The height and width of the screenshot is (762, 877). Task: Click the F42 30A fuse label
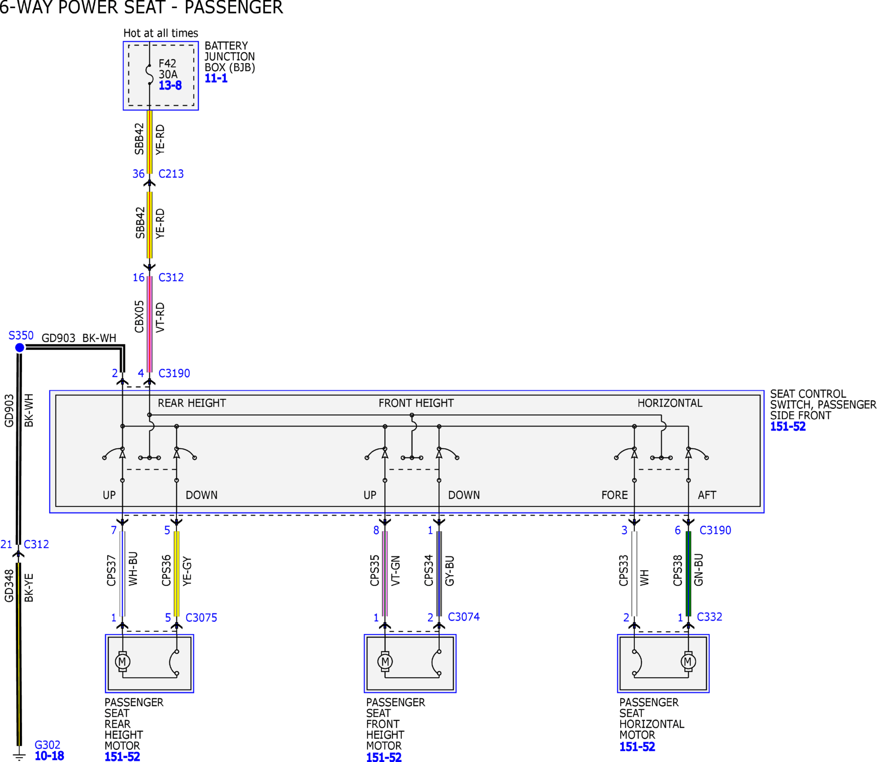168,69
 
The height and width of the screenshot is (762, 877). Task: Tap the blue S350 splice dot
19,348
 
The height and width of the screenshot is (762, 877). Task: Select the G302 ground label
47,745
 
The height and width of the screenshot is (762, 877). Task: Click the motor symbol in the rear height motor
122,661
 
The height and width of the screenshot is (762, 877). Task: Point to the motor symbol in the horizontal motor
688,661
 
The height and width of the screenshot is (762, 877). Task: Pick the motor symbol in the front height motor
385,661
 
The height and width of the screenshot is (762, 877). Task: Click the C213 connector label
171,173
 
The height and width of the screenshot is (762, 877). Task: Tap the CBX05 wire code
140,317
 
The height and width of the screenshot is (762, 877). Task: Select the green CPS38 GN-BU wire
688,574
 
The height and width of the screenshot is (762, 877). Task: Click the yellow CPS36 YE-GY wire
176,574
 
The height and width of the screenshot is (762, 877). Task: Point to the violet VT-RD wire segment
149,324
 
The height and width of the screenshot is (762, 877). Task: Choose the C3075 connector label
201,617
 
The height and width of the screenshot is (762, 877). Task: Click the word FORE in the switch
614,495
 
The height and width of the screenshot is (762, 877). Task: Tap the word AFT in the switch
707,495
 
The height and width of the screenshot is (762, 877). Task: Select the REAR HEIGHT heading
192,403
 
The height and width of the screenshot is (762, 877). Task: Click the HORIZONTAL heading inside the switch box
669,403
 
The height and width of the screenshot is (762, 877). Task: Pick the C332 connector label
709,617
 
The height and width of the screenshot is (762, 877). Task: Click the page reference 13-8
170,86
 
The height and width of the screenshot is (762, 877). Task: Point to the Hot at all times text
161,33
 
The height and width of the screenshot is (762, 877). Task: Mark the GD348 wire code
9,586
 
